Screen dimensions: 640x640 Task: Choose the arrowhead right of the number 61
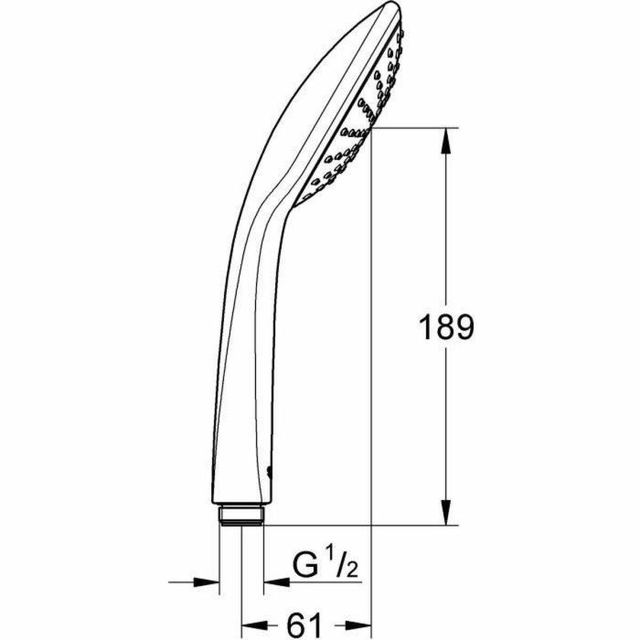[358, 625]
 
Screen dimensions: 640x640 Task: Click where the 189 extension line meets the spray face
[369, 129]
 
